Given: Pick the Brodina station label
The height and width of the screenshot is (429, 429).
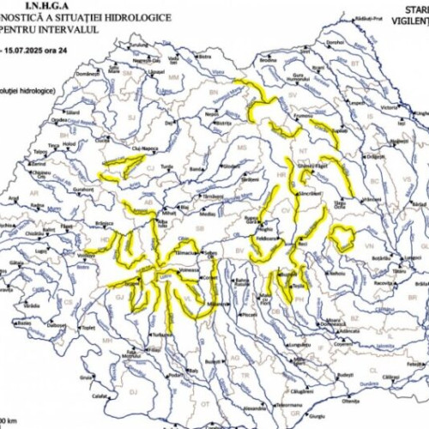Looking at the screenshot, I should coord(269,61).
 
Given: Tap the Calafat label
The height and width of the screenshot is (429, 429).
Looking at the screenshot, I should coord(101,395).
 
